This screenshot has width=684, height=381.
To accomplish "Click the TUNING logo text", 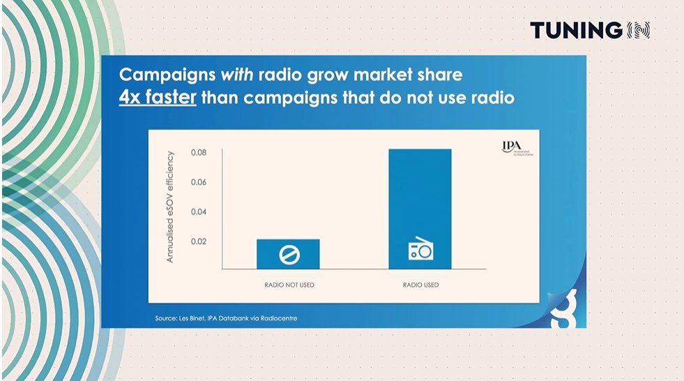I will click(x=575, y=30).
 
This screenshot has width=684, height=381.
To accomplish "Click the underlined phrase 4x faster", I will click(x=158, y=98).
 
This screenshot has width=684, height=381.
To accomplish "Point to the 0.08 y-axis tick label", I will click(x=199, y=152).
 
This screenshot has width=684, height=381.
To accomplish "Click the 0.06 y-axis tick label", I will click(x=199, y=182).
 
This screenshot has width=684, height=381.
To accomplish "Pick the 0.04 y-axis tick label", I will click(x=199, y=211).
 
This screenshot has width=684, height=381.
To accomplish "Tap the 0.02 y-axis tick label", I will click(x=199, y=241).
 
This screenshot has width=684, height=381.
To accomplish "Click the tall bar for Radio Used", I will click(x=420, y=209).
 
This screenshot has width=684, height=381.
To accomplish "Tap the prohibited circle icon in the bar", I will click(x=288, y=255).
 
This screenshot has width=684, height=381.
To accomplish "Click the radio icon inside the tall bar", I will click(x=420, y=250).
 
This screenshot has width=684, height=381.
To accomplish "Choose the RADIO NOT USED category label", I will click(x=288, y=285).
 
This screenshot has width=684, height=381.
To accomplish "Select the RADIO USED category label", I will click(x=420, y=285).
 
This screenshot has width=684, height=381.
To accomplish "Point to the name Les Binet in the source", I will click(x=195, y=319).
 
